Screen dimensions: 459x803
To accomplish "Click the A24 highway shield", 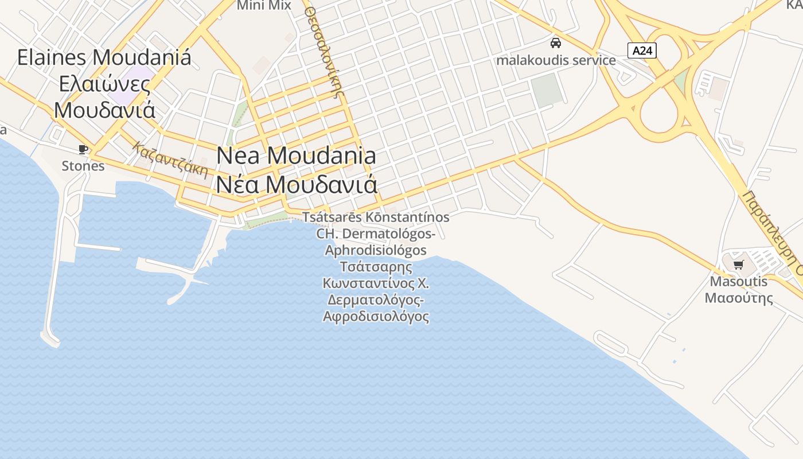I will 642,50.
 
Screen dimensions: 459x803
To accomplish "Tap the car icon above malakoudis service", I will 555,42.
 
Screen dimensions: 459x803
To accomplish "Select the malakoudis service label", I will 556,60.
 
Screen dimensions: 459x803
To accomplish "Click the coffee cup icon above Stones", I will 83,150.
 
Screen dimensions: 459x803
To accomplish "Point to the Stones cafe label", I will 83,166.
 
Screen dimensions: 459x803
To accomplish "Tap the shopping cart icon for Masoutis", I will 738,265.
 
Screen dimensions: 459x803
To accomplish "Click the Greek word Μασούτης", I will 739,298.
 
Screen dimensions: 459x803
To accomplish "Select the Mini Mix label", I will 264,6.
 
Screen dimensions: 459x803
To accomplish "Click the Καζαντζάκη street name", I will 170,160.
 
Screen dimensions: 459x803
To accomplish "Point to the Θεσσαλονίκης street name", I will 326,52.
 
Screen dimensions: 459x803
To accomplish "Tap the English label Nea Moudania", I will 297,155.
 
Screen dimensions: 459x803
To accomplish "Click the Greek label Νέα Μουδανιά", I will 297,184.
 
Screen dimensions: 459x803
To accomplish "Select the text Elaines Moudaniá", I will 104,57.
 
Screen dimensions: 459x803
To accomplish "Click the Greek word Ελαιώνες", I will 104,84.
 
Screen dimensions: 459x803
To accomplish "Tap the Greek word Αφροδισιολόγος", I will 376,316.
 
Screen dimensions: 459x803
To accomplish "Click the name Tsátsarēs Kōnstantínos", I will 376,217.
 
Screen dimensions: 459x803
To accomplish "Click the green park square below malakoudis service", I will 547,90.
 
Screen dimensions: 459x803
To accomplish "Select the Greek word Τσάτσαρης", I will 376,267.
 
